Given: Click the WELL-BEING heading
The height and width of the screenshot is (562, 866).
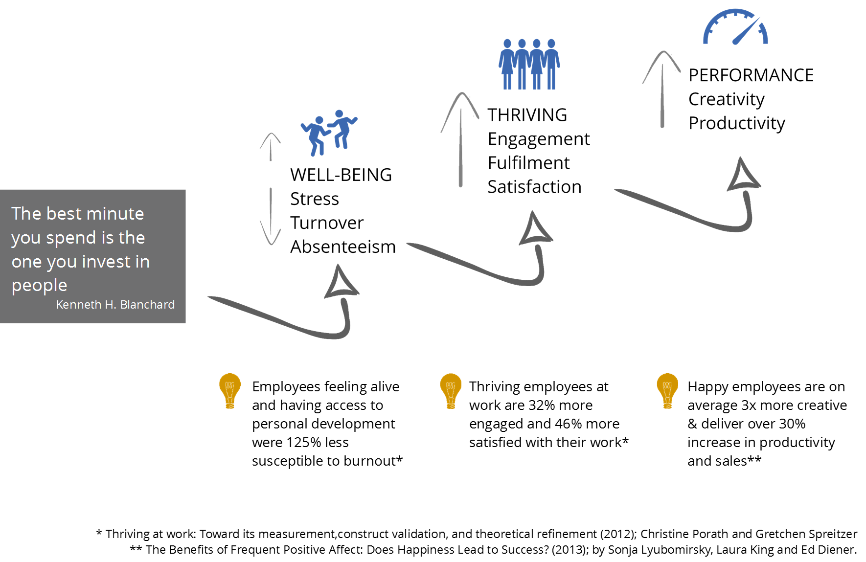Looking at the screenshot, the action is [x=341, y=175].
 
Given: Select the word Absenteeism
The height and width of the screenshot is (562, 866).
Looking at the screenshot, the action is [x=343, y=247].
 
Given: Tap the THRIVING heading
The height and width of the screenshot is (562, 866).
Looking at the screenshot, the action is [x=527, y=115].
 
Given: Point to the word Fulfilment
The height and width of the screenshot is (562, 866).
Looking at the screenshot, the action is [x=529, y=162].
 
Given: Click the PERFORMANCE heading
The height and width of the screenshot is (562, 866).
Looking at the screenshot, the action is [x=751, y=75].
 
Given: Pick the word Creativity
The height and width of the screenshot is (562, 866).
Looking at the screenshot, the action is [x=727, y=99].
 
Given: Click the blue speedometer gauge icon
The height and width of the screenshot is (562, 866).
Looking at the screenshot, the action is [x=735, y=27].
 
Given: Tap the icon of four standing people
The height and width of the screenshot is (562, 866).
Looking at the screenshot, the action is [x=529, y=64].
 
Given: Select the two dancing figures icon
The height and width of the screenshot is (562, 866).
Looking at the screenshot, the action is [x=329, y=133].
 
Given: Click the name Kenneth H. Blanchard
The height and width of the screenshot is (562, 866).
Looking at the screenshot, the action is [x=115, y=304].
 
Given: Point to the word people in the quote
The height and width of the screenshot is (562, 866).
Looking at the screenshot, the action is [x=40, y=286].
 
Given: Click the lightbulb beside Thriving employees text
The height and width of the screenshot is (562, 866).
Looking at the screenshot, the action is [x=451, y=391].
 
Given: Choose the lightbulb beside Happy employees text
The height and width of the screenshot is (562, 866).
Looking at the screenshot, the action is [x=667, y=391].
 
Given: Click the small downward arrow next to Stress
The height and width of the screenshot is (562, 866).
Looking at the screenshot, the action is [x=271, y=216].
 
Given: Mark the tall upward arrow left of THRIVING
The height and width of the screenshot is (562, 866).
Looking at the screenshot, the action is [x=460, y=139].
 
